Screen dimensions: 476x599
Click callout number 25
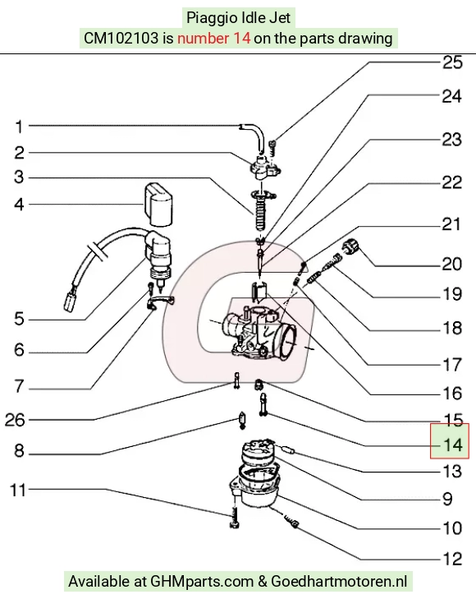tap(452, 62)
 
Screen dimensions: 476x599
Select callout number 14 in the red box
tap(453, 445)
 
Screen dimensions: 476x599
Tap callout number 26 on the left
tap(15, 420)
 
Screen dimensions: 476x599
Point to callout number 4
tap(19, 205)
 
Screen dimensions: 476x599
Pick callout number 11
tap(17, 490)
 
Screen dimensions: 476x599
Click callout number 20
tap(452, 264)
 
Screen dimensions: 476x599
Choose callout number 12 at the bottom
tap(452, 559)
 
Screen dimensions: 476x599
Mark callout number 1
tap(19, 127)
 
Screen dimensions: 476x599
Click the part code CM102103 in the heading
tap(121, 38)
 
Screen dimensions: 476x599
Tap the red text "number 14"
tap(214, 38)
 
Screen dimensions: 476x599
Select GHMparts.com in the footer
tap(202, 582)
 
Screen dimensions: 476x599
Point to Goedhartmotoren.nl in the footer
tap(339, 582)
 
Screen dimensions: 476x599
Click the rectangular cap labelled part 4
tap(158, 205)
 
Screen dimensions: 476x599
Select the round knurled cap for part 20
tap(351, 246)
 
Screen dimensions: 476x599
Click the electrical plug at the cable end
tap(70, 302)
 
